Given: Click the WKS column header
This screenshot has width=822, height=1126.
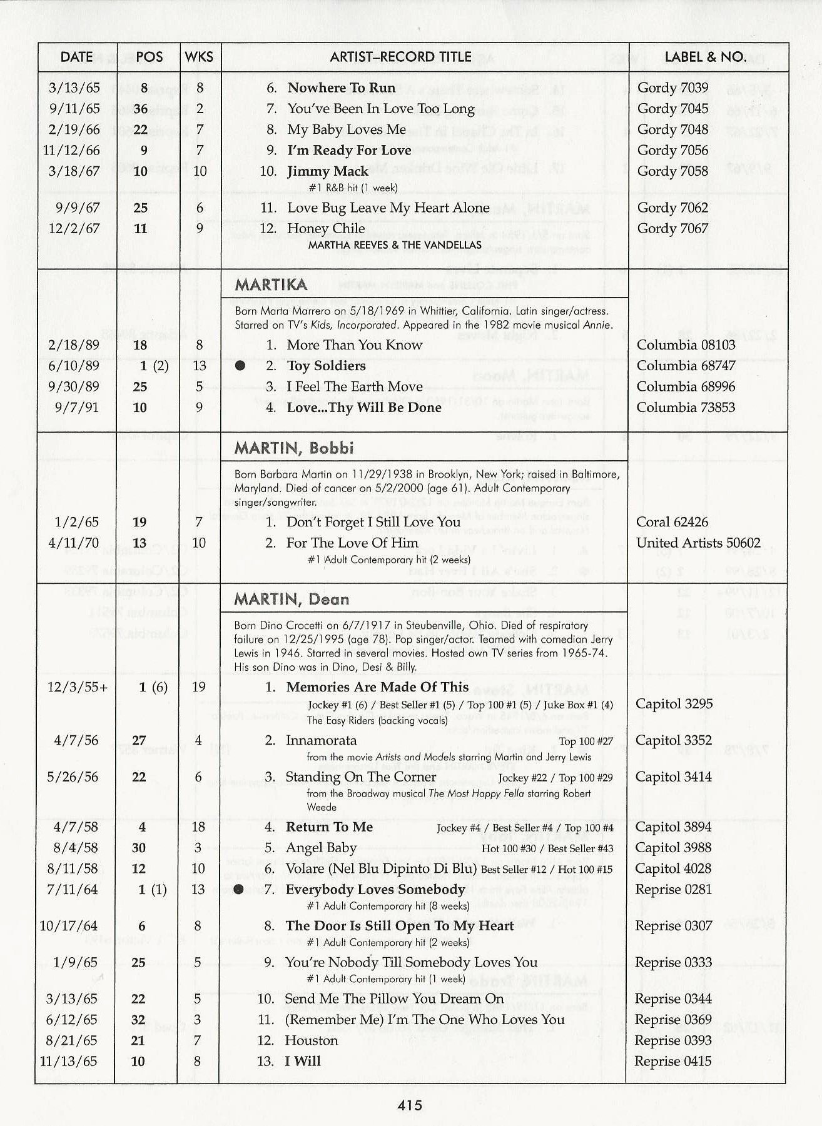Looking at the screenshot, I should [x=199, y=57].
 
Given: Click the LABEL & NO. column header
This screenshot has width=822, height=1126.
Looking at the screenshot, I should [x=705, y=57].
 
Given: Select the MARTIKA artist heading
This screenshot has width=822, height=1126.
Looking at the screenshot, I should [x=271, y=285].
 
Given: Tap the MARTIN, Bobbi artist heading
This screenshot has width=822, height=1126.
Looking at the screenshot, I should [x=294, y=448].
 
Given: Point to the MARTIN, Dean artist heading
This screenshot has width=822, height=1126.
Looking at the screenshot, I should [x=292, y=600].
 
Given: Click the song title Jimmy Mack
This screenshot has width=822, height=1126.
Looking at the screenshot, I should [x=328, y=171].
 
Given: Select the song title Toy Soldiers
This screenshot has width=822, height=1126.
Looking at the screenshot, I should [x=326, y=366].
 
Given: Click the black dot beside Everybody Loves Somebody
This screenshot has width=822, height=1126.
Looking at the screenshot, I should [x=238, y=890].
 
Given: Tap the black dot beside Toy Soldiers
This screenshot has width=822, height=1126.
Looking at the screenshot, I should [x=240, y=366].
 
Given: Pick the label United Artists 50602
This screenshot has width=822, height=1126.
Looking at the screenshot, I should [x=698, y=543].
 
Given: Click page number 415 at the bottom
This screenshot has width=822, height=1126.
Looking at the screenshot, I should [x=410, y=1105].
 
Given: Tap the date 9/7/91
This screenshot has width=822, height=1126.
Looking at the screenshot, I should [x=74, y=408].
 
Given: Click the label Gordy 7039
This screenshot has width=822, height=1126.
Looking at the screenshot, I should [x=672, y=88].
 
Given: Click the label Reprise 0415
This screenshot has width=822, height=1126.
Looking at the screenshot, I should [x=672, y=1061].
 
